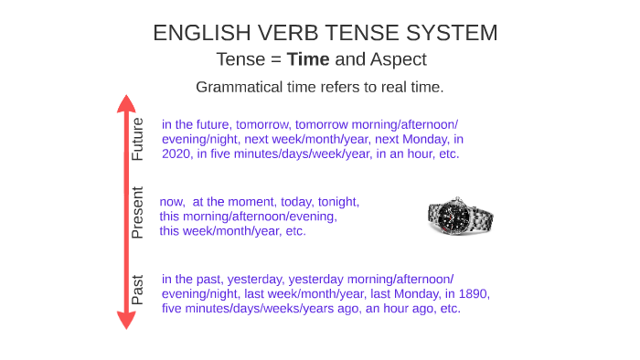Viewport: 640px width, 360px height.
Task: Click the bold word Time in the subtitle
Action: click(308, 59)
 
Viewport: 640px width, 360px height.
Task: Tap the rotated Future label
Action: click(138, 140)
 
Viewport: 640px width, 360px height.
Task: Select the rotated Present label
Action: click(138, 212)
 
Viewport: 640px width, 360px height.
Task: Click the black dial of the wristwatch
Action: click(450, 216)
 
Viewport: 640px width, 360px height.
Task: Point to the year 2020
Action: click(177, 154)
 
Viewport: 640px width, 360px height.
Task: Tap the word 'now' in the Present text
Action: click(173, 202)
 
